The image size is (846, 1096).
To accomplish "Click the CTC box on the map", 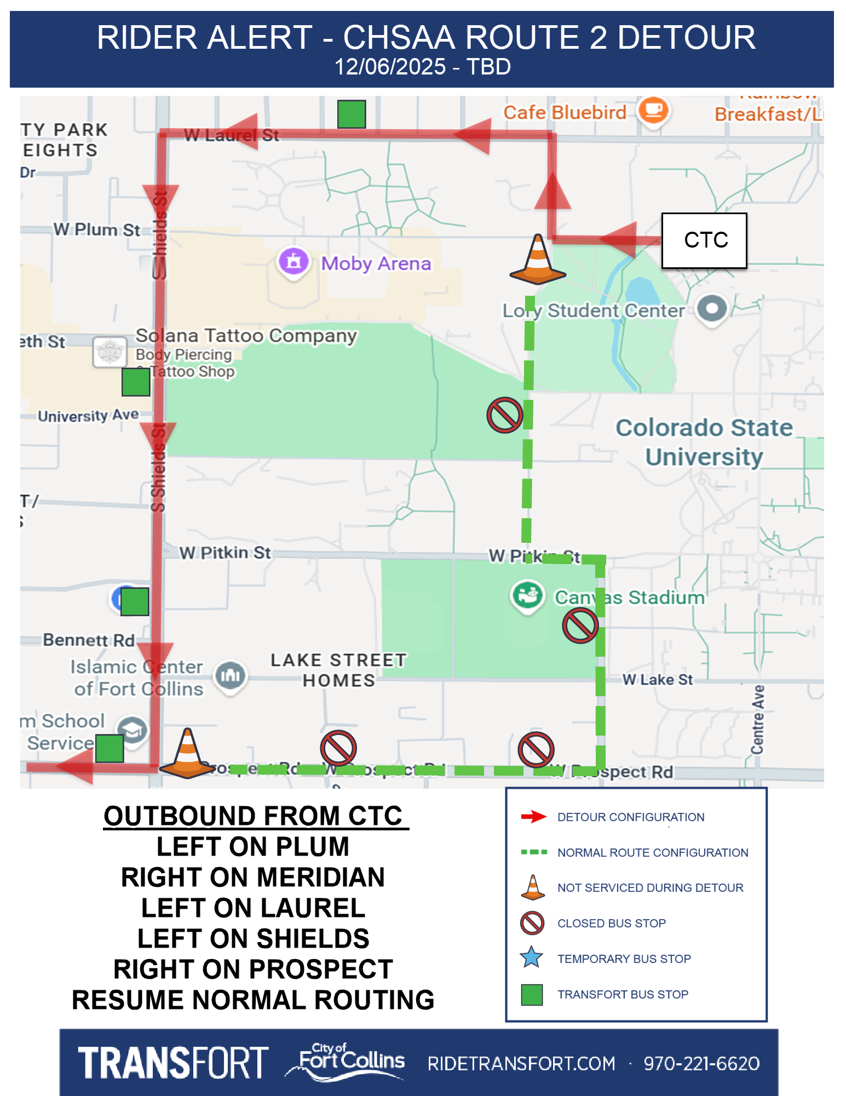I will coord(704,240).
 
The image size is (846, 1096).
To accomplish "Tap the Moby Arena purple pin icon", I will coord(294,261).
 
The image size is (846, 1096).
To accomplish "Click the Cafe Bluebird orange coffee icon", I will coord(653,111).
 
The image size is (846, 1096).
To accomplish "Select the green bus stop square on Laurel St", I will coord(351,114).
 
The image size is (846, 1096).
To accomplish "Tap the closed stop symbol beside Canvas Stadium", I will coord(580,626).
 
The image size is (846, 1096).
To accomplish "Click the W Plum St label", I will coord(96,229).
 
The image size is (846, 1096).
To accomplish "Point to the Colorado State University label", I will coord(704,442).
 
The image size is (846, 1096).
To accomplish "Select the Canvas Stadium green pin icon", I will coord(527,595).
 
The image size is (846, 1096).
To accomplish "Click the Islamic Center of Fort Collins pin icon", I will coord(231,676).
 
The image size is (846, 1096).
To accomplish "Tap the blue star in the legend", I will coord(531,958).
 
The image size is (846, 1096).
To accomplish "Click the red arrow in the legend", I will coord(533,817).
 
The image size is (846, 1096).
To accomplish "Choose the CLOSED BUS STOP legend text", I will coord(611,923).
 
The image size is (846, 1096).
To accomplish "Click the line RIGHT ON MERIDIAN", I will coord(252,877).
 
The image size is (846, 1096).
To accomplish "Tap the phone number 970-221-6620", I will coord(701,1063).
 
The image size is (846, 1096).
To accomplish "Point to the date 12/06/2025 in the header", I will coord(390,67).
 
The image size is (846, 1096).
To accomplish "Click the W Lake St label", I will coord(657,680).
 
